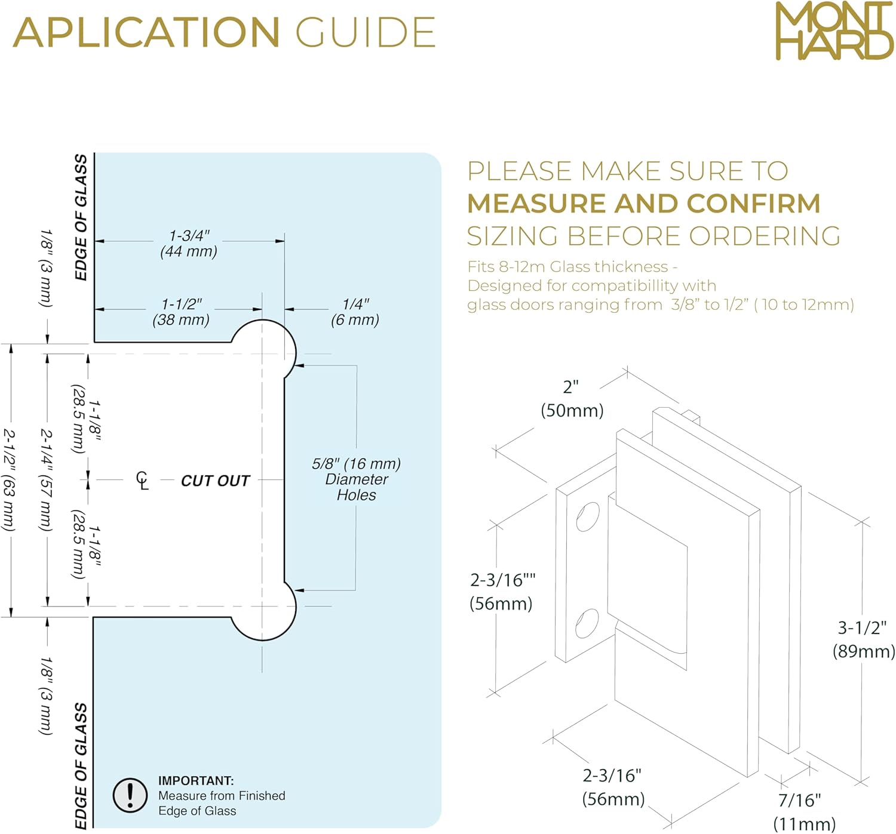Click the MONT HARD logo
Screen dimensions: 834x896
pos(834,31)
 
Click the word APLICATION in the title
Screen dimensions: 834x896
pos(146,32)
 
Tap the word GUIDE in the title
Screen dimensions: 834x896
pos(366,32)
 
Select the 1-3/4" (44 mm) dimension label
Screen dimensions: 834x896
pos(189,244)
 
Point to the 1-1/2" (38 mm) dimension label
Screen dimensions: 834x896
pos(181,312)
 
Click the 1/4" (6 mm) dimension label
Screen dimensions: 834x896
pos(355,312)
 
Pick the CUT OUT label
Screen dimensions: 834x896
pos(215,481)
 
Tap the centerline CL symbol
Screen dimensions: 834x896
pos(142,480)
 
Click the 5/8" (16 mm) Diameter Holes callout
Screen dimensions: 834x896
pos(356,479)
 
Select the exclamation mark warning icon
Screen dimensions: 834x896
pos(130,795)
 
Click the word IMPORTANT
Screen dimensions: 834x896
pos(196,781)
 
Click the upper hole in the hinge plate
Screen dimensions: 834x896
pos(588,517)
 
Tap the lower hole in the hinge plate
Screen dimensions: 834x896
pos(587,623)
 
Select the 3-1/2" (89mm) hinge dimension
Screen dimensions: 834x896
pos(863,639)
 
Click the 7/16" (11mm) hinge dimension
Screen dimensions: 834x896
pos(803,812)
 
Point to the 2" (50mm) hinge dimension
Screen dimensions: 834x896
pos(572,399)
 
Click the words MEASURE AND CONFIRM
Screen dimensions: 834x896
pos(643,204)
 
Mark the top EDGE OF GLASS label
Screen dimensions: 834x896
pos(81,217)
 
